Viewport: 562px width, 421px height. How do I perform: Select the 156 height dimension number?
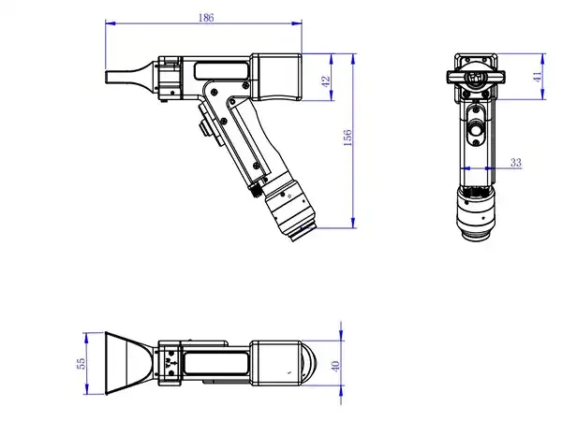pyautogui.click(x=348, y=138)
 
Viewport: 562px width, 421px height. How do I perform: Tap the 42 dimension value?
pyautogui.click(x=326, y=82)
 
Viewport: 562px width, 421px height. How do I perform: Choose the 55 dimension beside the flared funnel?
pyautogui.click(x=81, y=361)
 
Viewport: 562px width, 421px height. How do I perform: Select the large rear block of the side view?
pyautogui.click(x=277, y=76)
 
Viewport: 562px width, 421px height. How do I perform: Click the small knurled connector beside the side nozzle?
pyautogui.click(x=256, y=190)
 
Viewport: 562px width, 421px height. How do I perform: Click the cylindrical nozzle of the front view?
pyautogui.click(x=478, y=213)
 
